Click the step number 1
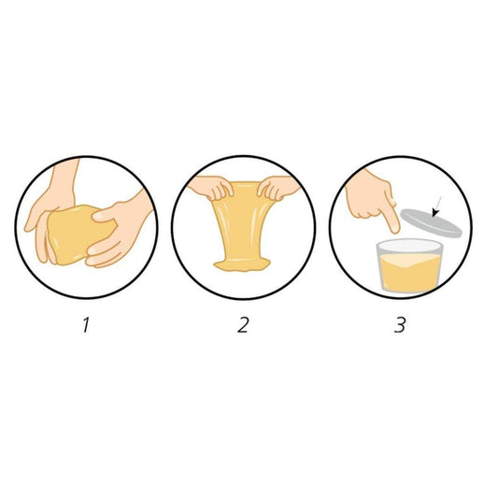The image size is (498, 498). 86,325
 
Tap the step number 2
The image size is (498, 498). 243,325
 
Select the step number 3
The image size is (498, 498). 400,325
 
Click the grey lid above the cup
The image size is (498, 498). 431,223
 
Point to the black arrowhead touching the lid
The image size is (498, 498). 435,213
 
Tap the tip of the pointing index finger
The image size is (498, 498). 395,231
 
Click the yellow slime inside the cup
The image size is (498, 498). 410,273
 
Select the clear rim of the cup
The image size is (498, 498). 410,246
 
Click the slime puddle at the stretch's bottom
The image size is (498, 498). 242,264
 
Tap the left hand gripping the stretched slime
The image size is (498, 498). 211,188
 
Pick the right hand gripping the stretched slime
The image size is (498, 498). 277,188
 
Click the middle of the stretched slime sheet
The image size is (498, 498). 243,222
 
